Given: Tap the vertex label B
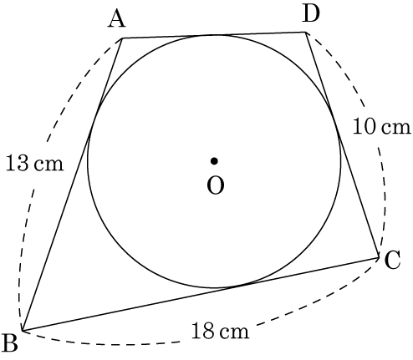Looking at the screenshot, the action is pos(10,342).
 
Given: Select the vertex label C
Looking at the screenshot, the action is pos(392,260).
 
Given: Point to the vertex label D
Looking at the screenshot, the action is pos(311,13).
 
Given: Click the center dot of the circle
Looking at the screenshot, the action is pos(214,161).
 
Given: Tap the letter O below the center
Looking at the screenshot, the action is pos(216,185).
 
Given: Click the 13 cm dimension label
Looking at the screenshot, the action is pos(34,163).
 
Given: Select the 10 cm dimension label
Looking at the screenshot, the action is pos(382,127).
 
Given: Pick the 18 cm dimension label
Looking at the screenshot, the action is pos(220,331).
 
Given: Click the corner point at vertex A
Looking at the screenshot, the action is pos(122,38).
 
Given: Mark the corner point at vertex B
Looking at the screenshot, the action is pos(23,331).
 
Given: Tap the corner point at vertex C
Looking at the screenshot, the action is pos(379,258).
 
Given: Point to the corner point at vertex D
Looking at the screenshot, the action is pos(306,33).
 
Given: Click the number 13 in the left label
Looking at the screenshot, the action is pos(17,163).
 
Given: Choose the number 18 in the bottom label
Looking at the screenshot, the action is pos(202,331).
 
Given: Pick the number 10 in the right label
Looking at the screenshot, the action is pos(365,127).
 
